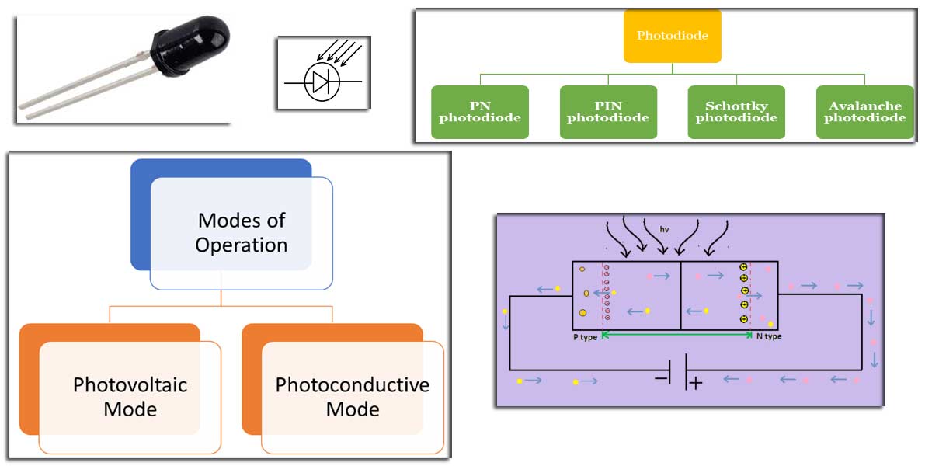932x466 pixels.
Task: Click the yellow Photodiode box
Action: pos(672,36)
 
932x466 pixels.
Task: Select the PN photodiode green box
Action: pos(480,112)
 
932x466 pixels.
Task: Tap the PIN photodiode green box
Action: pos(608,112)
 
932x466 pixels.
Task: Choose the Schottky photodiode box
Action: pos(736,112)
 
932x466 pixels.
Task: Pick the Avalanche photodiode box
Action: pos(864,112)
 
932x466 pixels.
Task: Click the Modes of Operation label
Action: pos(242,233)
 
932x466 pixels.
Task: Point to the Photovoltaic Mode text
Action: pos(130,397)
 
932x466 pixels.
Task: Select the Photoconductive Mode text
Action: pos(353,397)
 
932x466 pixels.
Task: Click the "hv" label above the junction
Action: pos(665,230)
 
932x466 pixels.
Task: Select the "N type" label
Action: pos(769,337)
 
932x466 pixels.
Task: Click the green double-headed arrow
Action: pos(679,334)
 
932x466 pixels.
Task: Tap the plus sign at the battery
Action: pos(695,383)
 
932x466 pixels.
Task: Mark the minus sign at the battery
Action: pos(662,378)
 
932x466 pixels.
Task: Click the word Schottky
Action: pos(736,106)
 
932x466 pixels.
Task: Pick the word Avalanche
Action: pos(864,106)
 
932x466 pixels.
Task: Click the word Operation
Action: pos(242,245)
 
